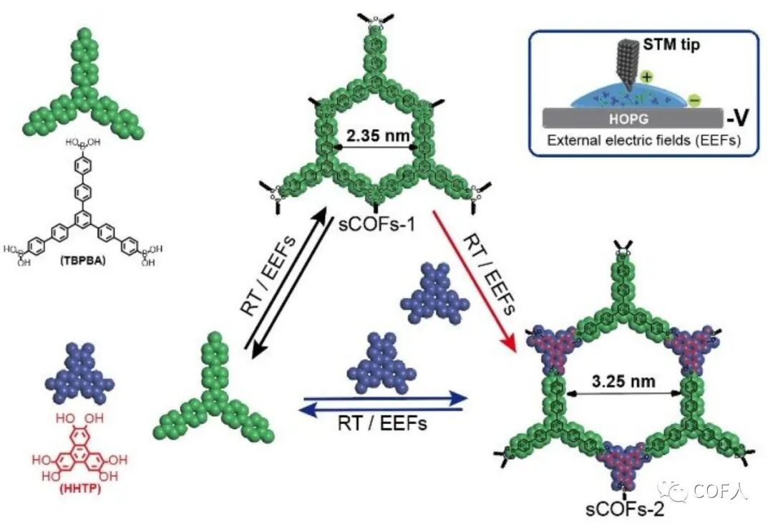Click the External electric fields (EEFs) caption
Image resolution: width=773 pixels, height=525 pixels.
643,141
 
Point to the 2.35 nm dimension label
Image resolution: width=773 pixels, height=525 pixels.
376,135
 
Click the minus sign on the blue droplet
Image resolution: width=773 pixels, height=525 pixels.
693,100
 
